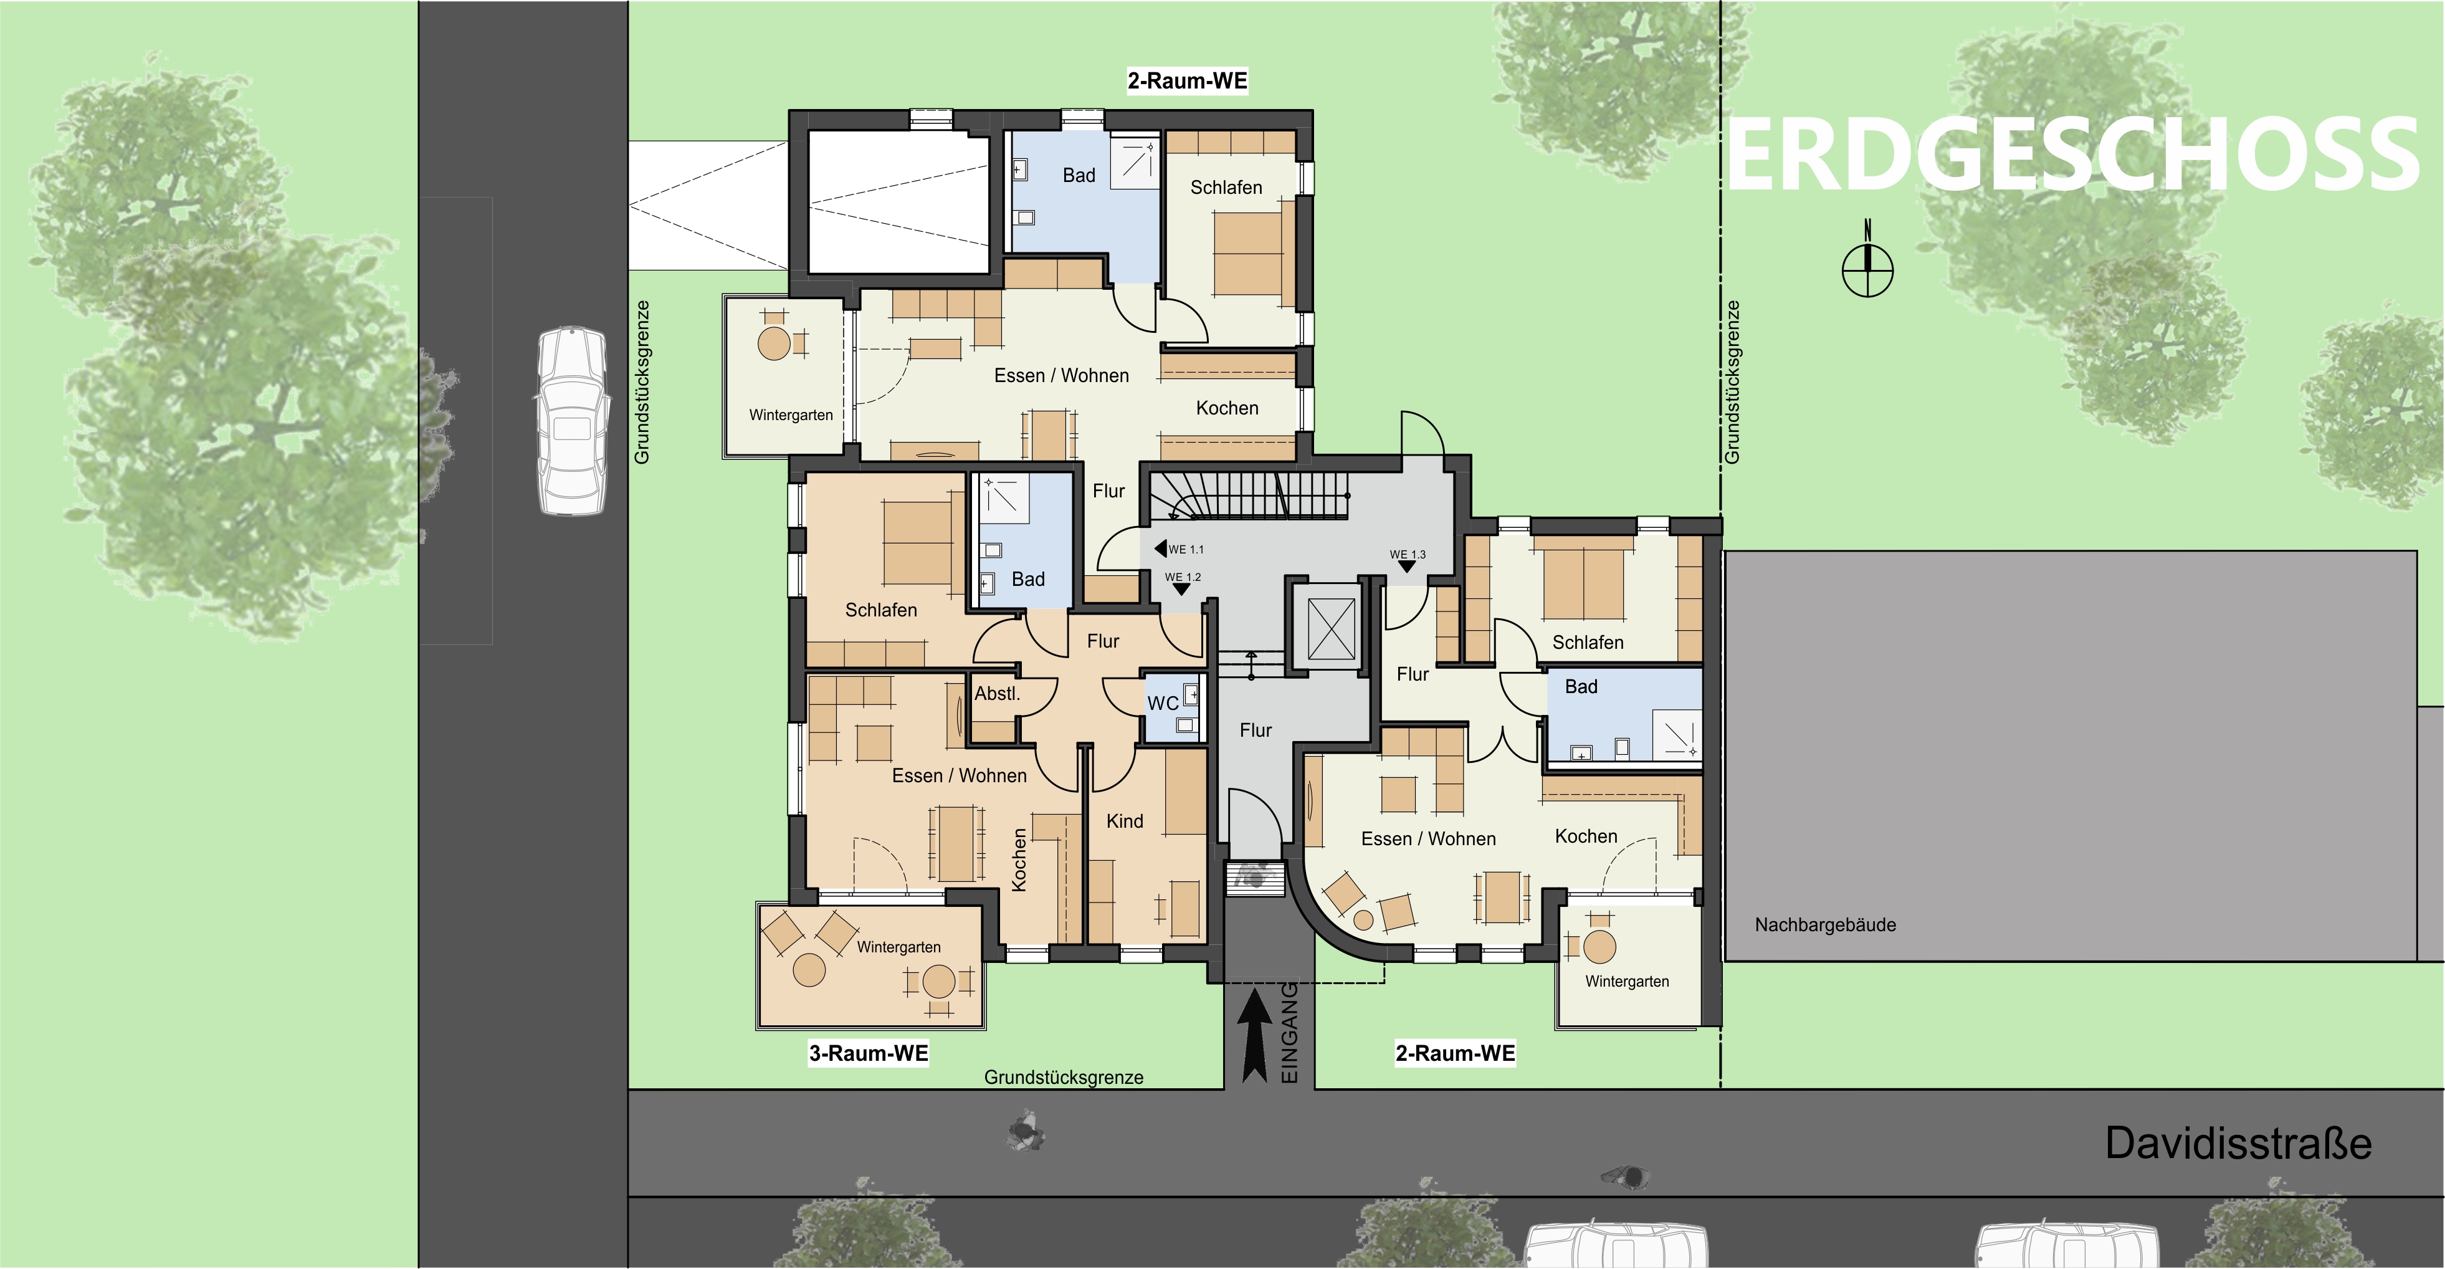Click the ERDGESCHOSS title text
click(2072, 155)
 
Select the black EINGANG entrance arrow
click(1255, 1035)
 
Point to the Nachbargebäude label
click(1825, 924)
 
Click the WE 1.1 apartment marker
click(1179, 548)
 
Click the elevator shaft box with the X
click(1332, 628)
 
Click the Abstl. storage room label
click(998, 694)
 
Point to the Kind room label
click(1125, 821)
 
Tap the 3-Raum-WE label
click(869, 1053)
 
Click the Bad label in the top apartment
click(1079, 176)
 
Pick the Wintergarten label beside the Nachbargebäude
click(1627, 982)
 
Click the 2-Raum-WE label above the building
click(1188, 80)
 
